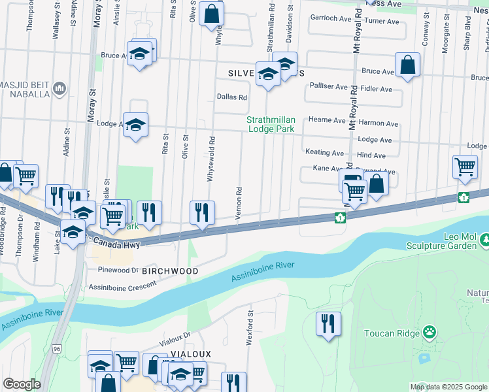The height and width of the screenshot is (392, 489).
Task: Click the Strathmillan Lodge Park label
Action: [271, 124]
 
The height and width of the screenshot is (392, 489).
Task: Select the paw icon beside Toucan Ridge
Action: [429, 333]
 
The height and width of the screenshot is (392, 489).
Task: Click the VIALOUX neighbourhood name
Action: [171, 353]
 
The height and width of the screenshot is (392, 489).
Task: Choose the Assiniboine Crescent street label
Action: [122, 285]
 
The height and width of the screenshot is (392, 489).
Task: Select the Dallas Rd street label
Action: [232, 97]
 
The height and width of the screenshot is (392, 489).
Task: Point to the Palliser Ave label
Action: [329, 86]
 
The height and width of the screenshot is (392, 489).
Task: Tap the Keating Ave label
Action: [324, 152]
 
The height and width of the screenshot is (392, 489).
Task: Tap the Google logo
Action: [22, 384]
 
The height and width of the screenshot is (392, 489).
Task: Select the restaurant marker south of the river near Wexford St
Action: [328, 325]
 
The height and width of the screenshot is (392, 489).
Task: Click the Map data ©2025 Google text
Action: [448, 387]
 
